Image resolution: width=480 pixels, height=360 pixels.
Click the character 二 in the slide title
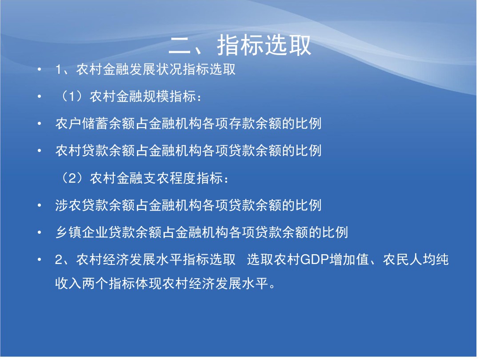[180, 46]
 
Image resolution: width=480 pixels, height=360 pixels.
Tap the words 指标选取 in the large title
[264, 45]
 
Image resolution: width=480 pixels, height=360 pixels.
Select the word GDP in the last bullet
[315, 260]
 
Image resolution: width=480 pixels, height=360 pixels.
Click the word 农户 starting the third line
[68, 124]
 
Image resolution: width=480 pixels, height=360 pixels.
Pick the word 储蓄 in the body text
[95, 124]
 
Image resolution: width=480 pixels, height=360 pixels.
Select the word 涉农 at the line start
[68, 205]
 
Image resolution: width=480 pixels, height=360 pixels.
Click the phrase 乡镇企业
[82, 232]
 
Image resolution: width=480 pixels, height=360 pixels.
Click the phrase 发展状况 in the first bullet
[156, 69]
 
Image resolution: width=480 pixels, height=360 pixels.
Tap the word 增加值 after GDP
[349, 260]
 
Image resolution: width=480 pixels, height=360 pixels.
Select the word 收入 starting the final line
[68, 284]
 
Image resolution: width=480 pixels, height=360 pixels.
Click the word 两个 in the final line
[95, 284]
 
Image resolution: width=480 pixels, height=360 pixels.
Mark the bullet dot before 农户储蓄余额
[39, 124]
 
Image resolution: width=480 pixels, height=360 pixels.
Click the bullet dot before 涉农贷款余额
[39, 205]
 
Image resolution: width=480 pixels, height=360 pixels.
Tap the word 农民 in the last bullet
[396, 260]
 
